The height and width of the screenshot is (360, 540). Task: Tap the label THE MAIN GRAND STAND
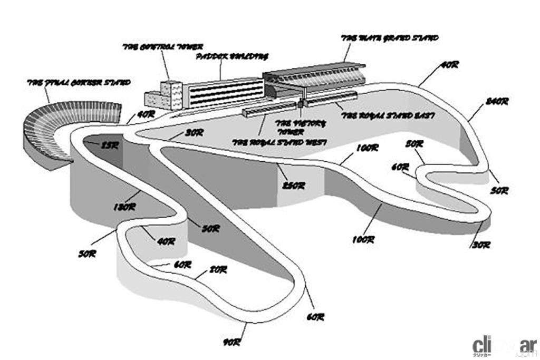[x=390, y=38]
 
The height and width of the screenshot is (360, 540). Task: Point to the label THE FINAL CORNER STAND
[x=79, y=83]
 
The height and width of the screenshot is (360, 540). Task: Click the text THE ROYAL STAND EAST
[x=388, y=116]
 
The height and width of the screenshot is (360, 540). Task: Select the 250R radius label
[x=294, y=186]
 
